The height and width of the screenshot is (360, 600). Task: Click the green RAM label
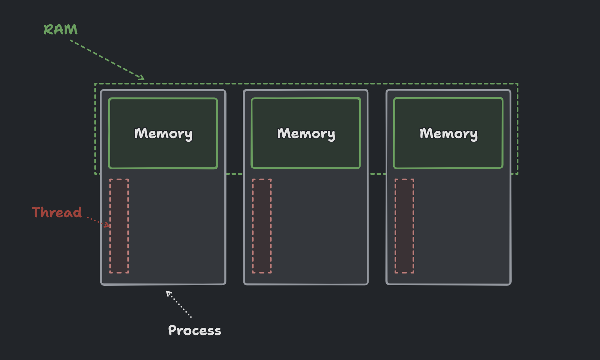(61, 30)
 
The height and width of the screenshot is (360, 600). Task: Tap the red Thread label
(57, 212)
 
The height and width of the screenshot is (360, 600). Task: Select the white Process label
(195, 330)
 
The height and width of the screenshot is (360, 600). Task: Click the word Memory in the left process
(163, 134)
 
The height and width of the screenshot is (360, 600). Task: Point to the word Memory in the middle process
(306, 134)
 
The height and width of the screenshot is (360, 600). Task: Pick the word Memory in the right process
(449, 134)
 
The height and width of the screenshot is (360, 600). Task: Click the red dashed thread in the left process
(119, 226)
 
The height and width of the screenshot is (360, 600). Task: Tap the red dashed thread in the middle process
(262, 226)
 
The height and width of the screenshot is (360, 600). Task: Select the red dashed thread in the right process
(404, 226)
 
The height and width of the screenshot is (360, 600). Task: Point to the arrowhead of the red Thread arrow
(108, 225)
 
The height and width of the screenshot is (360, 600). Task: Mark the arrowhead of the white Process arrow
(168, 293)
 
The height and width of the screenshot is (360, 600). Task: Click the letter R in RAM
(48, 30)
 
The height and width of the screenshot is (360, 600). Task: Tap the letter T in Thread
(37, 212)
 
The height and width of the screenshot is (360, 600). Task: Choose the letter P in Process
(172, 330)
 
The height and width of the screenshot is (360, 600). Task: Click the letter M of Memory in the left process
(141, 133)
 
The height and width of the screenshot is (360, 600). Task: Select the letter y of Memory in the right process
(474, 136)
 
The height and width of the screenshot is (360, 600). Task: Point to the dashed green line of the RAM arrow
(107, 60)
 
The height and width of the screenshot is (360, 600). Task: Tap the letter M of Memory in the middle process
(284, 133)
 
